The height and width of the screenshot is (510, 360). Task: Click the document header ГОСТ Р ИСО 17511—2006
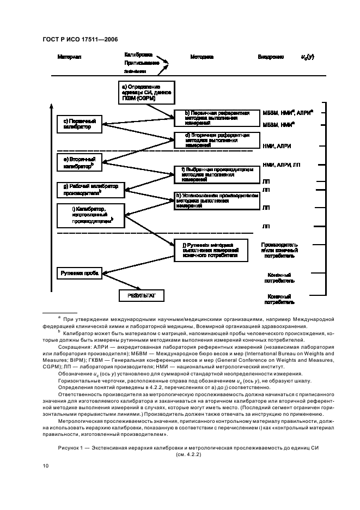point(80,39)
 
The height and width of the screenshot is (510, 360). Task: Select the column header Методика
point(202,57)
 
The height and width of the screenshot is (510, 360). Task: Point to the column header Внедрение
point(271,57)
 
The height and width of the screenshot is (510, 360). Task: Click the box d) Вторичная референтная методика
point(213,139)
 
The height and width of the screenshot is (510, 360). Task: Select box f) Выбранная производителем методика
point(213,174)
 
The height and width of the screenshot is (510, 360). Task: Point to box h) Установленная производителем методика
point(213,200)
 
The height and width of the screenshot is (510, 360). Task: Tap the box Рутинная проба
point(80,272)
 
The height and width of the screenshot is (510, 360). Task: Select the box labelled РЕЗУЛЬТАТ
point(142,295)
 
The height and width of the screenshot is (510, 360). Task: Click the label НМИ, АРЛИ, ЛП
point(281,165)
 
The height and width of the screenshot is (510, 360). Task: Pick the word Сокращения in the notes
point(74,345)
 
